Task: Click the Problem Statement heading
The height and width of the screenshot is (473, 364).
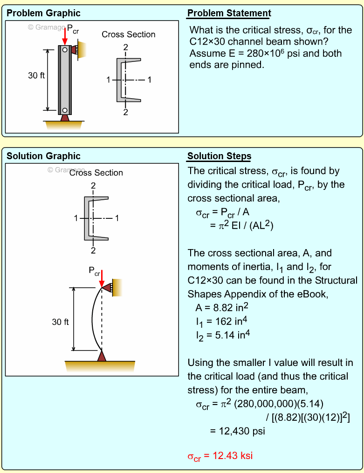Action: tap(229, 13)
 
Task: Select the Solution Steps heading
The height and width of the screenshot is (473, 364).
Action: tap(219, 156)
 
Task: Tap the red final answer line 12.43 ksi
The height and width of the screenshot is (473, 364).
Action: tap(220, 456)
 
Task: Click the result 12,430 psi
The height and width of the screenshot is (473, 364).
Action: tap(237, 431)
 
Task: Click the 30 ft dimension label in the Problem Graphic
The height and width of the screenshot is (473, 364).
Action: tap(36, 76)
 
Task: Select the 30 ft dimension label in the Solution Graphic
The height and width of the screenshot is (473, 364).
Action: tap(60, 322)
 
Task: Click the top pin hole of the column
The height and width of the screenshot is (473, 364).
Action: tap(65, 49)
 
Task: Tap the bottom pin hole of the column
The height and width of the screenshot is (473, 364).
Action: tap(65, 110)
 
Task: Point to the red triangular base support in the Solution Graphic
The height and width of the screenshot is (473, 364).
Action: tap(102, 356)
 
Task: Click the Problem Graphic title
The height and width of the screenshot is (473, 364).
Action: tap(43, 13)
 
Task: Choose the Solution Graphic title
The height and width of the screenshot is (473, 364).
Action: tap(43, 156)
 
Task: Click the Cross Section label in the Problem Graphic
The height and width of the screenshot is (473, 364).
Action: tap(129, 34)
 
